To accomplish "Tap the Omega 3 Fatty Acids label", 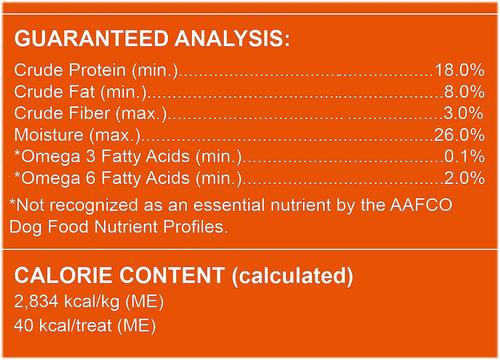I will [125, 158].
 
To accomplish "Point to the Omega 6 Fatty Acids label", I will [125, 179].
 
